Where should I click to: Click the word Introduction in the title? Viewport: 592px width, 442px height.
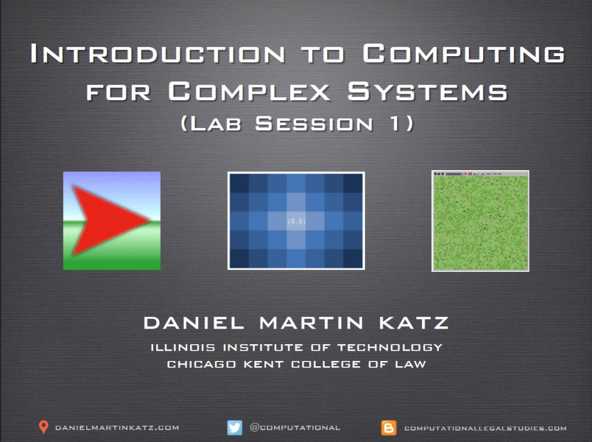(157, 53)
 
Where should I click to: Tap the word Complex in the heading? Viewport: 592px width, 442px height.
(249, 91)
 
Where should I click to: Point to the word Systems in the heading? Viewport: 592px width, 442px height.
(427, 91)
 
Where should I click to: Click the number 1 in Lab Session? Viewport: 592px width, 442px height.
(395, 124)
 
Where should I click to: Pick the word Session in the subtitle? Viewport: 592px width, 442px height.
(314, 124)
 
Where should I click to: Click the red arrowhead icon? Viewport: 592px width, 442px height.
(109, 220)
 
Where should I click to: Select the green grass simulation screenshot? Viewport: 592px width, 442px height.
(480, 221)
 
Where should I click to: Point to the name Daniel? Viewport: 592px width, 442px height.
(194, 323)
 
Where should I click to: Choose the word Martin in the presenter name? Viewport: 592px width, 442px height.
(312, 323)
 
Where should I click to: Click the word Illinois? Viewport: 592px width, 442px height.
(183, 348)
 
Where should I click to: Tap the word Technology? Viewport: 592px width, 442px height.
(390, 348)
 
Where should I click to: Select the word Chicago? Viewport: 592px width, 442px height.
(202, 364)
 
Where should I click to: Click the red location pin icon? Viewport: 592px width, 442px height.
(44, 427)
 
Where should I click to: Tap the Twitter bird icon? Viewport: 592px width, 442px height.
(235, 428)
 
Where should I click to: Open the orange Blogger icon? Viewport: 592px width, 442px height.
(389, 428)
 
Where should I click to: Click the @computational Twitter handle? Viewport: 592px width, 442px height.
(295, 428)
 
